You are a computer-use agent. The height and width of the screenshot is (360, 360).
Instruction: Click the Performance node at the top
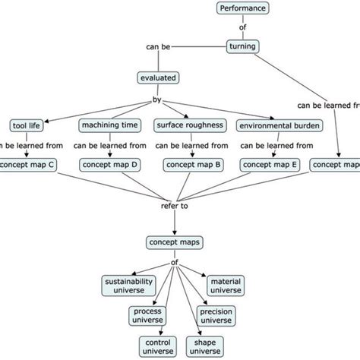click(x=243, y=9)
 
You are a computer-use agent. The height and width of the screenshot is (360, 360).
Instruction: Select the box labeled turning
click(x=243, y=47)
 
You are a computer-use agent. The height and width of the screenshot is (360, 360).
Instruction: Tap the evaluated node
click(x=156, y=77)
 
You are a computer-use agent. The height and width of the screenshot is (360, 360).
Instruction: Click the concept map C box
click(x=26, y=164)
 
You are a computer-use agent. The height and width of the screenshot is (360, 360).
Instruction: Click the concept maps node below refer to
click(x=175, y=242)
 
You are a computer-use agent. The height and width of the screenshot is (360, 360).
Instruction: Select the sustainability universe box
click(x=128, y=285)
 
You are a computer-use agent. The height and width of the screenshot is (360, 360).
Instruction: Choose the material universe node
click(x=227, y=285)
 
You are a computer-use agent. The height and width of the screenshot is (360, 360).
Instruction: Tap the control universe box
click(x=159, y=345)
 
